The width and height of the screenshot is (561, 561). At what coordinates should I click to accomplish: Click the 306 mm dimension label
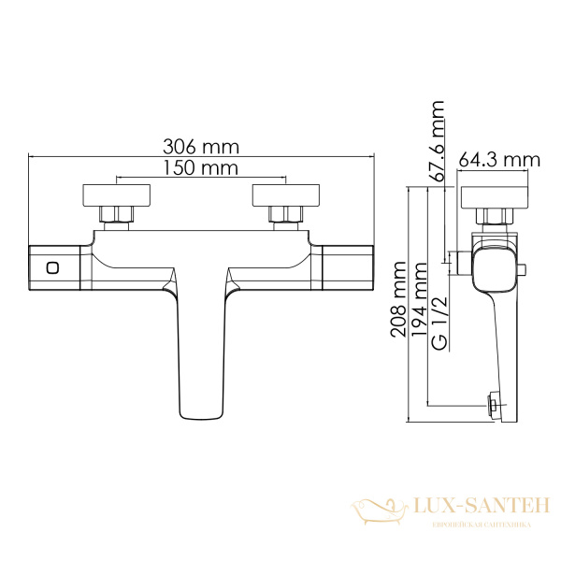click(x=201, y=147)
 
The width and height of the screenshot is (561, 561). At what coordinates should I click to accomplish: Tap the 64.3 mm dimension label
click(x=499, y=161)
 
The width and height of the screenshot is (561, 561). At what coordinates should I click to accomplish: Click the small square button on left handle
click(x=52, y=268)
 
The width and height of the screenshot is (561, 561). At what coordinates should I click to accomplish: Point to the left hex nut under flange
click(x=115, y=217)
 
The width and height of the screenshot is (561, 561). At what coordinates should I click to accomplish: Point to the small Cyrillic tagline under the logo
click(x=480, y=525)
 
